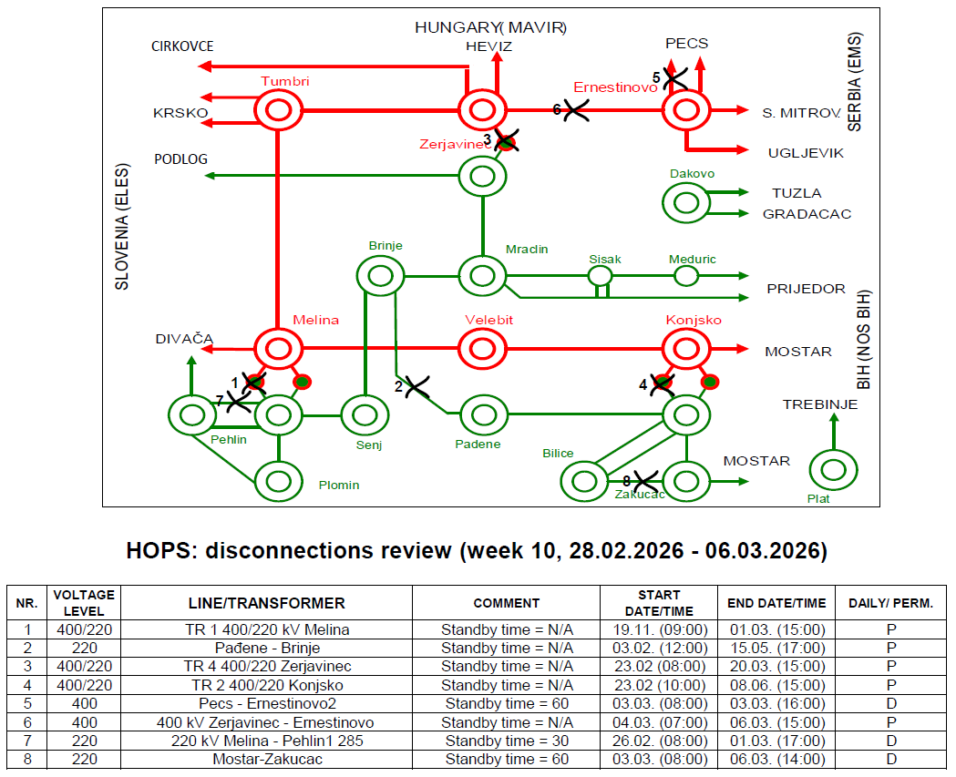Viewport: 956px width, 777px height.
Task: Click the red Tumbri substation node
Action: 277,111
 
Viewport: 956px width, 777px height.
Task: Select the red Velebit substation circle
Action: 482,347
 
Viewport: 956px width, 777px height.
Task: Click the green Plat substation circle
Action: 833,470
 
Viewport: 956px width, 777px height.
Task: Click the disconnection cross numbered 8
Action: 645,480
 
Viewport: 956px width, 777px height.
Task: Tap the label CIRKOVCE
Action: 182,46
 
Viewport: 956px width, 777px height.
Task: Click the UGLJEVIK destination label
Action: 807,153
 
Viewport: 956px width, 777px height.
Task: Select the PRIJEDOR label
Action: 806,289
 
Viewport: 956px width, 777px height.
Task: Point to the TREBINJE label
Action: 820,404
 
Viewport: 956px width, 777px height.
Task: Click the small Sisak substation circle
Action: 600,275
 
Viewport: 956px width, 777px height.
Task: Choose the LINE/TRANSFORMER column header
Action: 266,603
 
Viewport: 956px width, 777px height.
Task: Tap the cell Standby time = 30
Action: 507,741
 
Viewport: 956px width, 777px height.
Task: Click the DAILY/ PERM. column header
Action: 890,603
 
